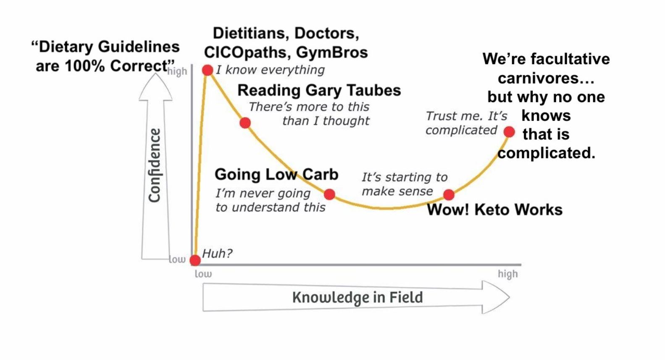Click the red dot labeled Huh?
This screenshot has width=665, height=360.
click(195, 260)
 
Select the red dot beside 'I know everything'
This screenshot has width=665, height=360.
click(208, 70)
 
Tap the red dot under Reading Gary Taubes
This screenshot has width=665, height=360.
click(245, 123)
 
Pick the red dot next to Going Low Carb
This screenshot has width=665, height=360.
click(330, 194)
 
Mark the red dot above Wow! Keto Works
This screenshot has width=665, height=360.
click(449, 194)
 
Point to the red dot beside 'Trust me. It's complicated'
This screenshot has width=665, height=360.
click(509, 132)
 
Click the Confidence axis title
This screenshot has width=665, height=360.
click(155, 165)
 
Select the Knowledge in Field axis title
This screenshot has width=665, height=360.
click(357, 297)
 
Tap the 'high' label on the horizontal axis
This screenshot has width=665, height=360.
click(507, 274)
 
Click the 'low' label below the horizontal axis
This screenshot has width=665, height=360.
click(203, 274)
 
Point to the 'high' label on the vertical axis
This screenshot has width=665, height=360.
click(177, 71)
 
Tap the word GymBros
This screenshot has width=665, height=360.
click(332, 53)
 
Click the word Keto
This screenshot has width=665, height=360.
click(492, 209)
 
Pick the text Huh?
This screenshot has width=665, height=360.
click(217, 253)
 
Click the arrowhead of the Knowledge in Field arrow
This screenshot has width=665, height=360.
click(496, 297)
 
